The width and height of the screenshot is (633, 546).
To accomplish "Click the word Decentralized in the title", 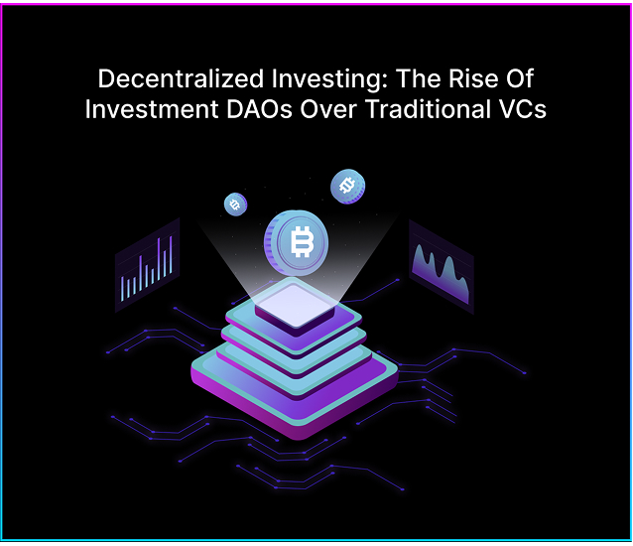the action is coord(181,78).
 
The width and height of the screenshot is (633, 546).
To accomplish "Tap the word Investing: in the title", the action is coord(329,79).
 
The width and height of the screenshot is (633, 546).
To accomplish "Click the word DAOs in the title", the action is coord(259,109).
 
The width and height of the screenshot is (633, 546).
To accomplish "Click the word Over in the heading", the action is coord(328,109).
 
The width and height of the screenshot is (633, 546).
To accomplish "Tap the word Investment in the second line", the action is coord(152,109).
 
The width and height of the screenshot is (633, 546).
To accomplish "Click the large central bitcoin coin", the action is coord(297,242).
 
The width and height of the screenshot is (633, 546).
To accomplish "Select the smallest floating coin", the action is coord(235,205).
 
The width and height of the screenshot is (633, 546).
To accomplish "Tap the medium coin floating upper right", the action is coord(347,187).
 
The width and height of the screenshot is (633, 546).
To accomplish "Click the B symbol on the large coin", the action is coord(302,242).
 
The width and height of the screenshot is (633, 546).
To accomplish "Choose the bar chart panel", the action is coord(148,265).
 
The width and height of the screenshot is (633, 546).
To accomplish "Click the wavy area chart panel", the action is coord(442,266).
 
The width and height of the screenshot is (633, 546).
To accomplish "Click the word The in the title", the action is coord(418,78).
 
